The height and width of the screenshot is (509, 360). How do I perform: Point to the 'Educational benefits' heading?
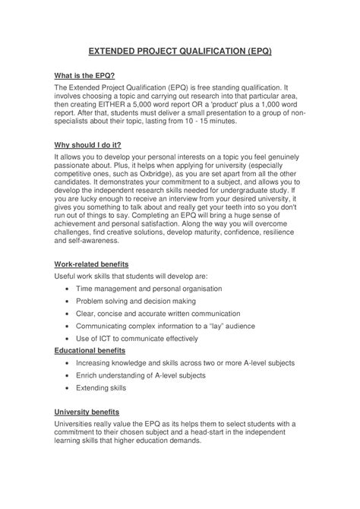pos(90,350)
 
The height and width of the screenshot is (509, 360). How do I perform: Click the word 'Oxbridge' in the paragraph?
pos(147,173)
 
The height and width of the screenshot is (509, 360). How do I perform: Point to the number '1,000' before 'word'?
pos(282,103)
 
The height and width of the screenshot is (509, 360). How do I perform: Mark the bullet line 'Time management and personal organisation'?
pos(149,289)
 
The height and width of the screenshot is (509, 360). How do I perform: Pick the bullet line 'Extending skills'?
pos(101,387)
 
